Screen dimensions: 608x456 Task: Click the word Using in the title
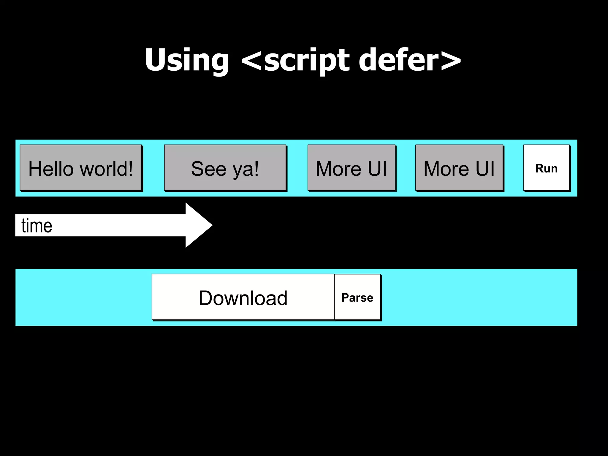pyautogui.click(x=187, y=60)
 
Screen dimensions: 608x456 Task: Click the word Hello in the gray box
pyautogui.click(x=51, y=169)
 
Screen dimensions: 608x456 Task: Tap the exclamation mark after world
pyautogui.click(x=129, y=168)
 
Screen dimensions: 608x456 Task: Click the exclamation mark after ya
pyautogui.click(x=256, y=168)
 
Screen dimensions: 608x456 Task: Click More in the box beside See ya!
pyautogui.click(x=338, y=169)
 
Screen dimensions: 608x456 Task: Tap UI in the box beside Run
pyautogui.click(x=485, y=169)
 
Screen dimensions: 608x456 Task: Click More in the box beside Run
pyautogui.click(x=446, y=169)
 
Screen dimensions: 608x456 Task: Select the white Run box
pyautogui.click(x=546, y=168)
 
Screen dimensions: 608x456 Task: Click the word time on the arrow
pyautogui.click(x=37, y=226)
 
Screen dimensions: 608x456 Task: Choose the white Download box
pyautogui.click(x=243, y=297)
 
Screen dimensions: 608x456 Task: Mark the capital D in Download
pyautogui.click(x=205, y=298)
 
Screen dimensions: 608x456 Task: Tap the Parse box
pyautogui.click(x=357, y=297)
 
